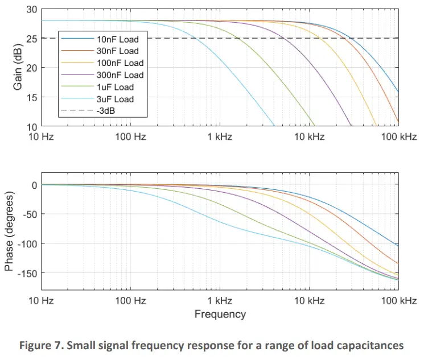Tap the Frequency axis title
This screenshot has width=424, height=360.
tap(220, 314)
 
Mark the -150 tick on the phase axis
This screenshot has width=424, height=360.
tap(26, 273)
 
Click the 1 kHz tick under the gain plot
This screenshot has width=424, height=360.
tap(220, 137)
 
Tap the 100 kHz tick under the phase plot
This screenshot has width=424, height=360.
tap(398, 300)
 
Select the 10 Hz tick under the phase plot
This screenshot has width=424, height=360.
tap(42, 300)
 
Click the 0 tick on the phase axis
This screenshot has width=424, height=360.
tap(35, 185)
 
